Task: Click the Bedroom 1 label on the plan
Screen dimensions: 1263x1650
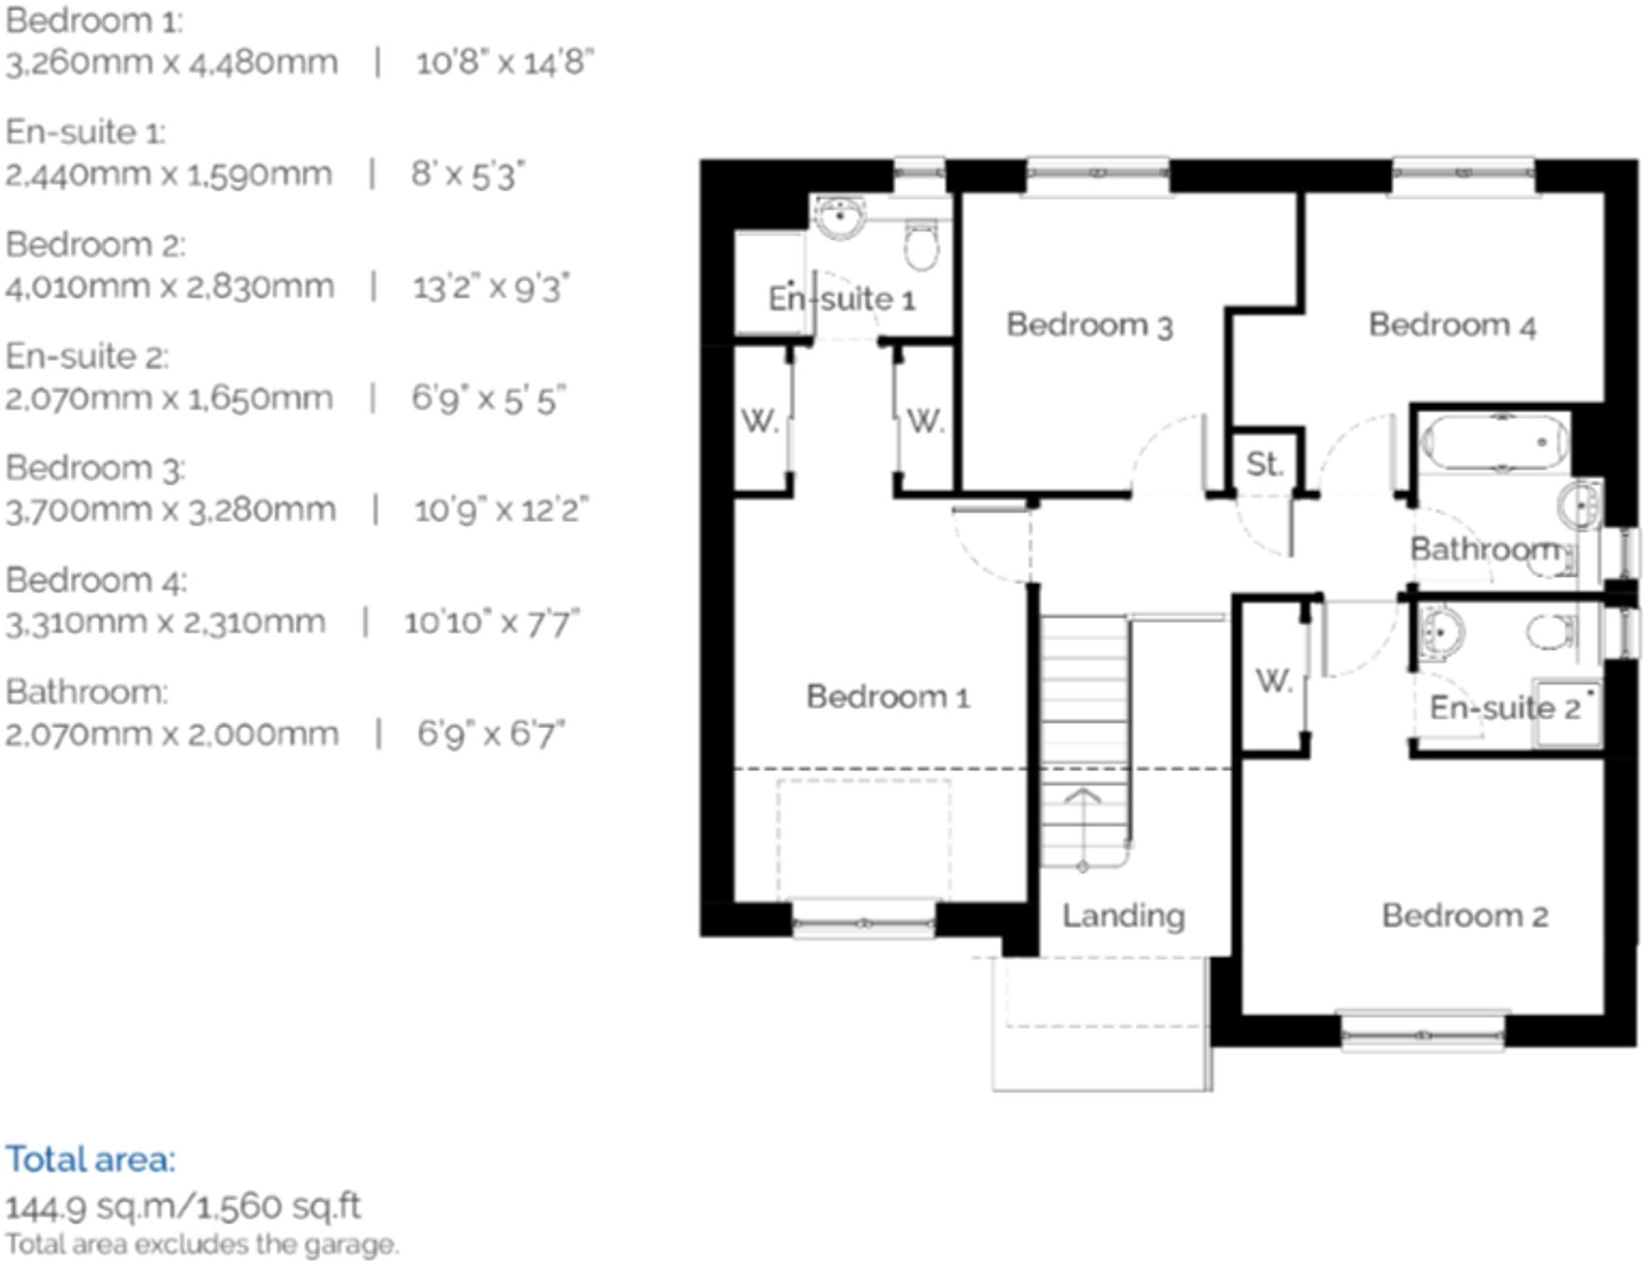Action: (x=888, y=697)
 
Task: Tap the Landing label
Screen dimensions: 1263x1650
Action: (x=1123, y=916)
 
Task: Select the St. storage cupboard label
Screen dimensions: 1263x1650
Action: (x=1264, y=463)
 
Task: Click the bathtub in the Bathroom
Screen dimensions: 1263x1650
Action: (x=1494, y=443)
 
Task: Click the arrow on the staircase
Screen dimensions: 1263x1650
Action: (x=1083, y=797)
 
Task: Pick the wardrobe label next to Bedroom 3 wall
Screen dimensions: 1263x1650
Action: (x=925, y=422)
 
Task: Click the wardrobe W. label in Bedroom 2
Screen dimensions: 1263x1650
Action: (x=1273, y=681)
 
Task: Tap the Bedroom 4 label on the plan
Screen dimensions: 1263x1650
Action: (x=1451, y=325)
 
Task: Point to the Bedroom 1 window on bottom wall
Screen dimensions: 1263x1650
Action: (x=864, y=922)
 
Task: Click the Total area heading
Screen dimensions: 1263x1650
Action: (x=90, y=1159)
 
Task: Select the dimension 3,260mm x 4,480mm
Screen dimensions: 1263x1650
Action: (x=172, y=63)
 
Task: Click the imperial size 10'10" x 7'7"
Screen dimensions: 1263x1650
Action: (x=491, y=622)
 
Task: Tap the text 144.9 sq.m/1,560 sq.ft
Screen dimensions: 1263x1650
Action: (x=183, y=1206)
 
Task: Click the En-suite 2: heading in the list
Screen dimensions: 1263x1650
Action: (x=87, y=357)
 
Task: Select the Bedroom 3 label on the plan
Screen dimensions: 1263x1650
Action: (x=1089, y=325)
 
